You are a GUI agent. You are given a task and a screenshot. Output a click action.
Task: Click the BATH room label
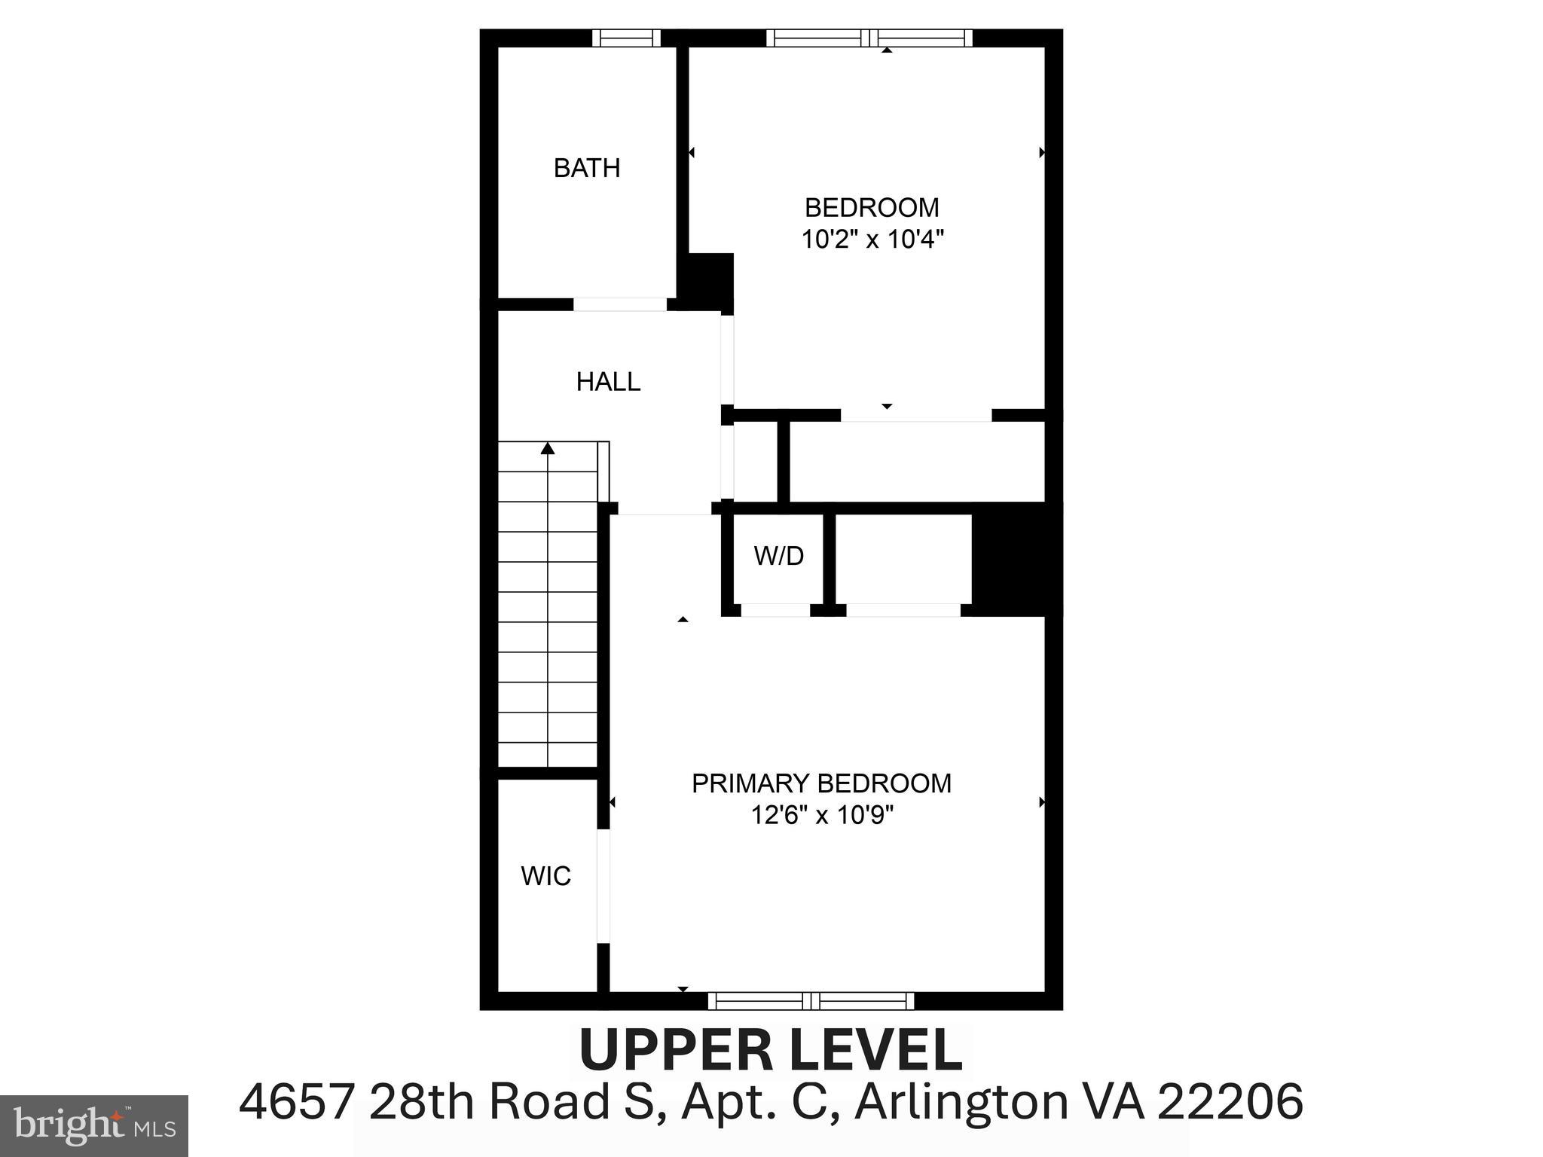[x=587, y=167]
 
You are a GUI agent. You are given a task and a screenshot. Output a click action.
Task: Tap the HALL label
[x=608, y=382]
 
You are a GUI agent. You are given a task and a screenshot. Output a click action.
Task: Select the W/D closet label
[x=778, y=556]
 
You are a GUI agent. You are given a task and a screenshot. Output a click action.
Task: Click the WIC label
[x=545, y=876]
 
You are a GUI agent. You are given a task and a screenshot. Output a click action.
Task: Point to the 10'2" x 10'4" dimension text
[x=872, y=240]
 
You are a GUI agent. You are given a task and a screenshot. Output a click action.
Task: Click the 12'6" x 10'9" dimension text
[x=821, y=815]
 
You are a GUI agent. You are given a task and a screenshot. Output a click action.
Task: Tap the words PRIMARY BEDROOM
[x=821, y=783]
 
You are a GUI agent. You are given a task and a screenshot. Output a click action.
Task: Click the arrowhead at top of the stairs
[x=548, y=448]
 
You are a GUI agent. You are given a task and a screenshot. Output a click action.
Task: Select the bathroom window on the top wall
[x=625, y=38]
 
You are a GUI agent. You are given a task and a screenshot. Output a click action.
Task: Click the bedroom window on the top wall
[x=869, y=38]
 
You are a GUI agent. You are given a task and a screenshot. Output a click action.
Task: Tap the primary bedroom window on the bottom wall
[x=811, y=1001]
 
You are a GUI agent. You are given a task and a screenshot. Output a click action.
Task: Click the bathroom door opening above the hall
[x=620, y=304]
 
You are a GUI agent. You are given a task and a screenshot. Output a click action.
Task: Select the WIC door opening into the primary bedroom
[x=603, y=886]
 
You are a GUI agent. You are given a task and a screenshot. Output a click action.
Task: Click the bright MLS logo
[x=93, y=1125]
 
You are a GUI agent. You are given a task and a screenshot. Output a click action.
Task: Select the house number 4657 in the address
[x=296, y=1101]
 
